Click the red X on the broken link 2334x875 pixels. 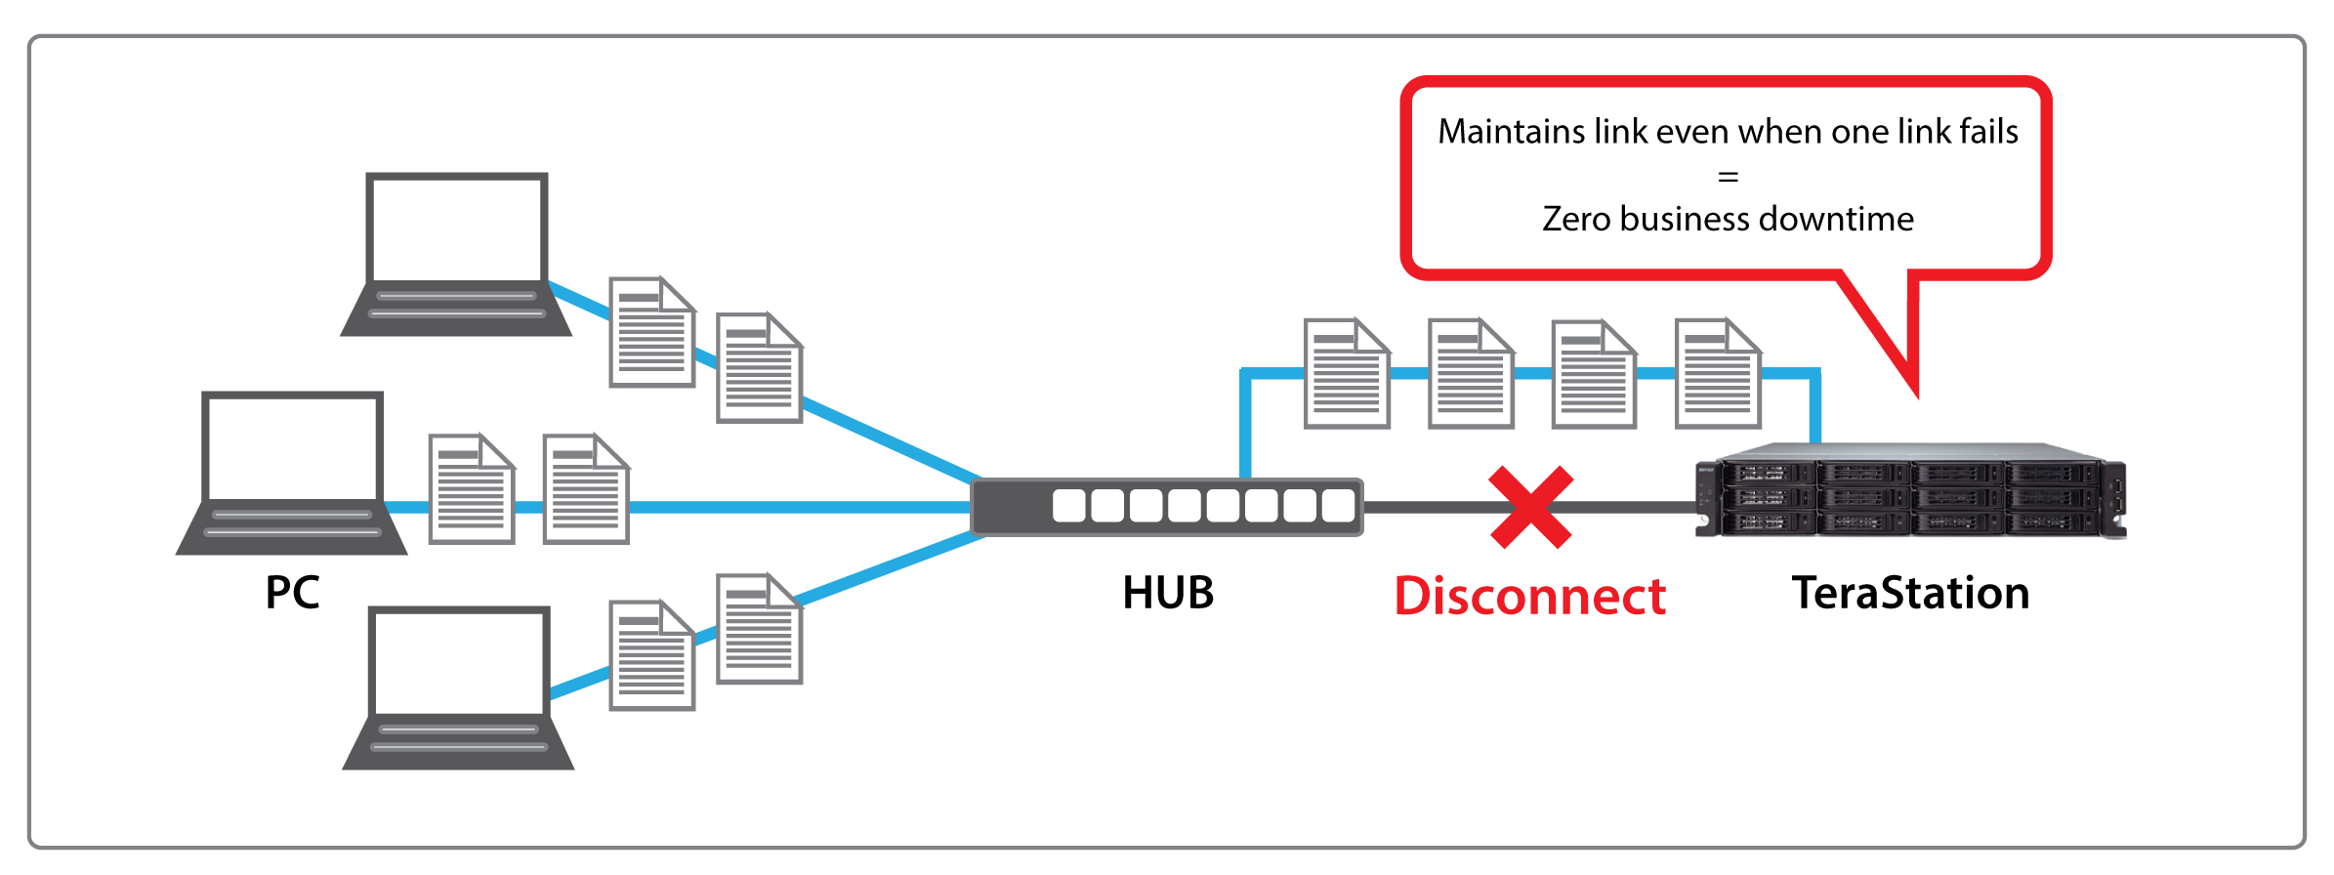click(x=1530, y=507)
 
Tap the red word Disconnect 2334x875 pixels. click(x=1529, y=596)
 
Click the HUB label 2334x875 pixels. click(x=1168, y=593)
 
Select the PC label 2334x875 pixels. click(x=292, y=593)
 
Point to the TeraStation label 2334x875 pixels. click(x=1910, y=593)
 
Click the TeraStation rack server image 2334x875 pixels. click(x=1909, y=491)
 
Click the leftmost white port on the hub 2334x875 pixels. click(x=1068, y=506)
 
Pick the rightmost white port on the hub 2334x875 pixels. click(x=1338, y=506)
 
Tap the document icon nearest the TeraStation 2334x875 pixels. click(x=1718, y=374)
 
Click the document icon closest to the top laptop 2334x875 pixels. click(x=651, y=333)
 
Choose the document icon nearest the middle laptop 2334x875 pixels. click(x=472, y=489)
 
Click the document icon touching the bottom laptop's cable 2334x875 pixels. click(x=651, y=655)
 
